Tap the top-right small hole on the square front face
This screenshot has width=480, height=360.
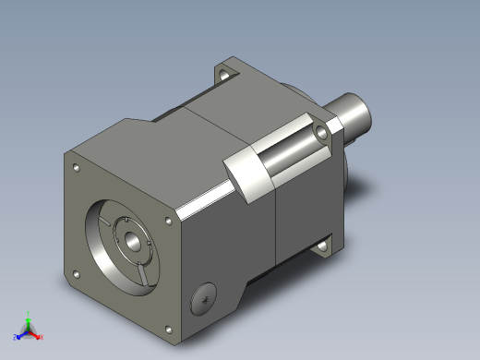click(x=166, y=220)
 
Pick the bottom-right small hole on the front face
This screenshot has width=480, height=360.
click(x=167, y=330)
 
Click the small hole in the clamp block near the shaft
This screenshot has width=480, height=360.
click(x=321, y=134)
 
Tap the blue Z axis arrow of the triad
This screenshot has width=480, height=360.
click(x=20, y=331)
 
